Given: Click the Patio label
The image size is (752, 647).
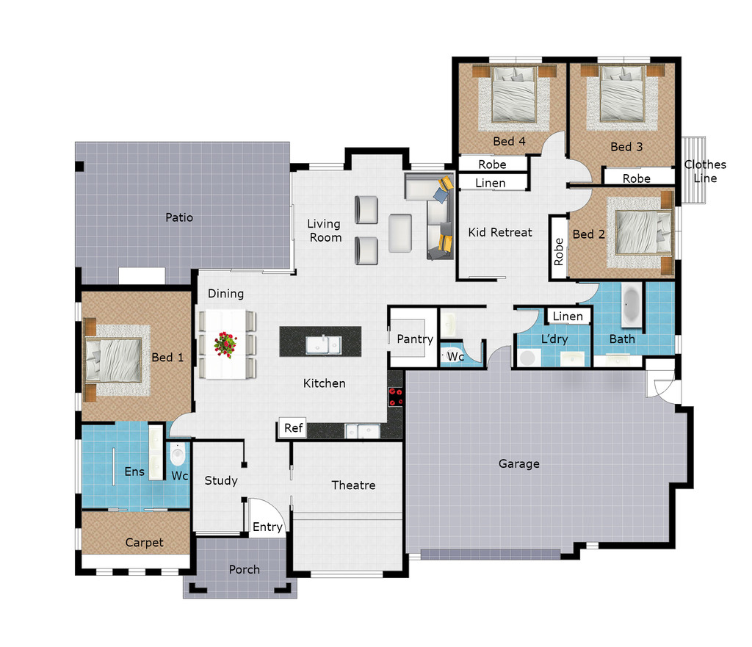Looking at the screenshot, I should point(179,217).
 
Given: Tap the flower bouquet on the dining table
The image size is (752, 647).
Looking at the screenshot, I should point(225,344).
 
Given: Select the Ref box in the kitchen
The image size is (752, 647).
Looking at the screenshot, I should point(293,428).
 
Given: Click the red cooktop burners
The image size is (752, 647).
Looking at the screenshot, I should point(396,397).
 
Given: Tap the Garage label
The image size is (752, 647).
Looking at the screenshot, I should point(518,463).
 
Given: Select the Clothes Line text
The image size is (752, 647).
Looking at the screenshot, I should point(705,171).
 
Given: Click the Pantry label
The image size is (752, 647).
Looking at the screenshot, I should point(414,339).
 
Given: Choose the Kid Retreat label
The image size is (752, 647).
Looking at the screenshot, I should point(500,232).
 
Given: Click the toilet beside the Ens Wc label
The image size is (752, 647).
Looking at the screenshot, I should point(177,455).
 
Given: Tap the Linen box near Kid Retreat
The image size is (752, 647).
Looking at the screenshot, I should point(490,183).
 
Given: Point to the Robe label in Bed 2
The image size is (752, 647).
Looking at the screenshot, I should point(559,251).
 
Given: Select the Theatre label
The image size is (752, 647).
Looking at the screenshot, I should point(353,485).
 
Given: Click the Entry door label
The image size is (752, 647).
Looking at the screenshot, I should point(267,527).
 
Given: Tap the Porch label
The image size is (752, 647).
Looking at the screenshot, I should point(244,569).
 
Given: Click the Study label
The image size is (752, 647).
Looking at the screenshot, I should point(220,480).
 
